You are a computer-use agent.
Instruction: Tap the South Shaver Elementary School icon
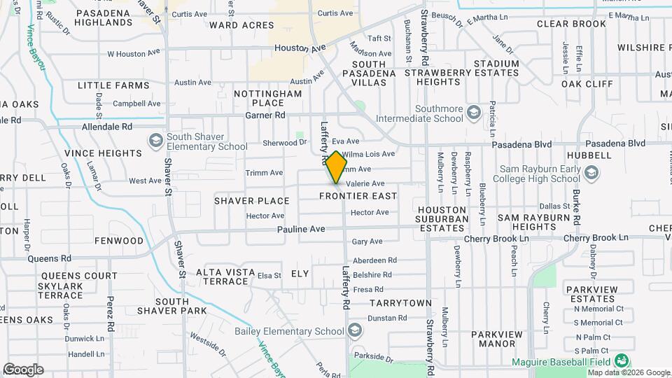(x=155, y=141)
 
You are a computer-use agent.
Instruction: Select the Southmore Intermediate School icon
(x=474, y=113)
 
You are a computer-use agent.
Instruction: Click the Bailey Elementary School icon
(x=355, y=330)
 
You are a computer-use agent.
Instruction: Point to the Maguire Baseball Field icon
(x=621, y=361)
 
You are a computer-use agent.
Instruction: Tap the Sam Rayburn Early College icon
(x=592, y=172)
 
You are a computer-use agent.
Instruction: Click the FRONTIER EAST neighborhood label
(x=358, y=196)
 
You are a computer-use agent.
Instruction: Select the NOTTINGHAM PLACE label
(x=267, y=98)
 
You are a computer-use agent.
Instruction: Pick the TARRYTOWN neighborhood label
(x=400, y=303)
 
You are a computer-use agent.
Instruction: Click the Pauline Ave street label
(x=301, y=229)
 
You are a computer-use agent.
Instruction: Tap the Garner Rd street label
(x=265, y=115)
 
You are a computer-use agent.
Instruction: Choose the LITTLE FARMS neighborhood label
(x=113, y=85)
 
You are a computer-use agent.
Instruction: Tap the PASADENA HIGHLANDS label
(x=104, y=17)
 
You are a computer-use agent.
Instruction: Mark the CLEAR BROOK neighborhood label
(x=571, y=24)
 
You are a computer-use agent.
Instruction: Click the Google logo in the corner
(x=23, y=370)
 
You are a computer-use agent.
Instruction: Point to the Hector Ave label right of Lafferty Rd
(x=370, y=213)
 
